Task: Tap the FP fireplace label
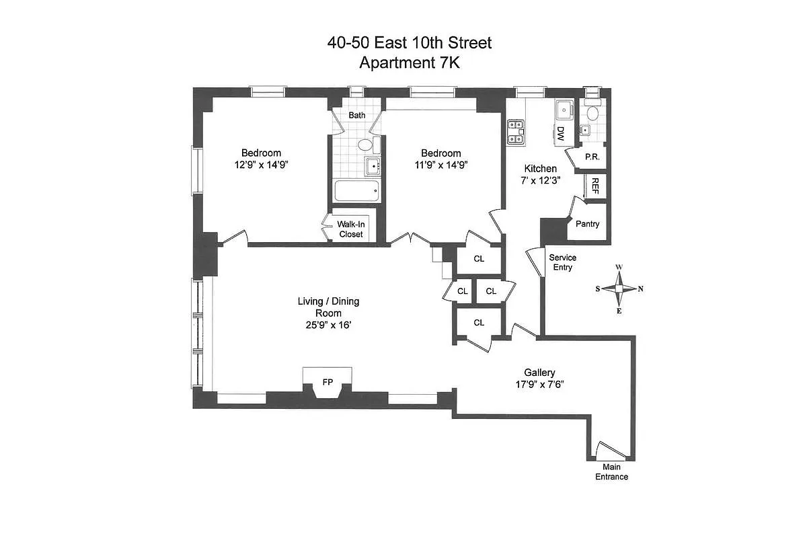click(328, 382)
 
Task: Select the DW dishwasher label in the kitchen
click(560, 134)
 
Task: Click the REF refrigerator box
click(594, 186)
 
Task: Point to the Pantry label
click(587, 225)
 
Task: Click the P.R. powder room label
click(592, 157)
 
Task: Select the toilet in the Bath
click(365, 145)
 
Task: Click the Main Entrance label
click(611, 472)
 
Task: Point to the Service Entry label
click(563, 262)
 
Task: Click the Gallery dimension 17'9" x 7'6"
click(540, 385)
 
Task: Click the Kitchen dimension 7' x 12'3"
click(541, 181)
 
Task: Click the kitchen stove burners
click(516, 131)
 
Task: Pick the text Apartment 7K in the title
click(409, 63)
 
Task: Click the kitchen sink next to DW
click(564, 110)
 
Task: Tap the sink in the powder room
click(592, 114)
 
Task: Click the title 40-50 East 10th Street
click(409, 43)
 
